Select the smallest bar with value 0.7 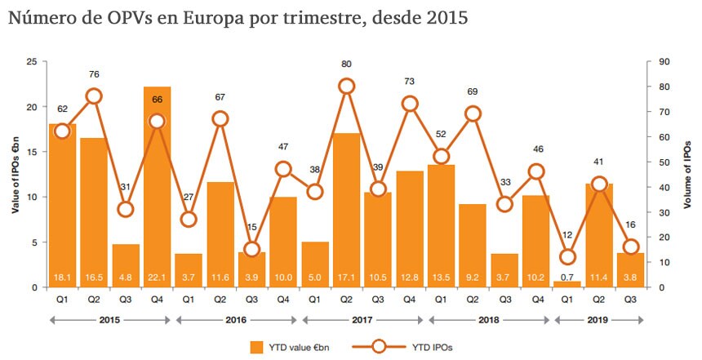(x=567, y=284)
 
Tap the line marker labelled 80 (x=346, y=86)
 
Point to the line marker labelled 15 (x=251, y=250)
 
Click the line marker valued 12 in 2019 (x=567, y=257)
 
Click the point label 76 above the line (x=94, y=75)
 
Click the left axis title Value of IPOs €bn (x=15, y=174)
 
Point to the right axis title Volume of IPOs (x=687, y=174)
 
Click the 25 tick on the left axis (x=30, y=61)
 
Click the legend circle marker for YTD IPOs (x=379, y=347)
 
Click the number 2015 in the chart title (x=446, y=19)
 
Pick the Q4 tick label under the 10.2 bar (x=535, y=299)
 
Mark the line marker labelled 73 (x=410, y=104)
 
